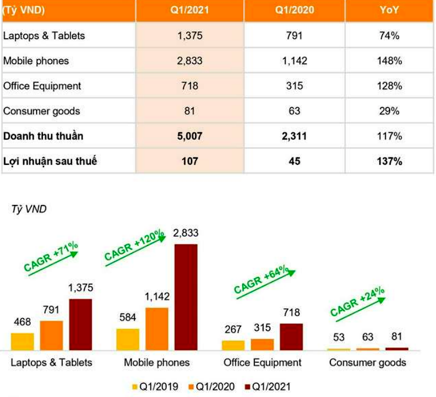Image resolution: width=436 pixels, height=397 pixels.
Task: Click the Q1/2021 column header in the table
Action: pos(189,10)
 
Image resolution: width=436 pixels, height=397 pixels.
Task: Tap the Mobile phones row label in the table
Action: pos(36,61)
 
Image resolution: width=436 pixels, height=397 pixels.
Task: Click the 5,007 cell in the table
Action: pos(189,136)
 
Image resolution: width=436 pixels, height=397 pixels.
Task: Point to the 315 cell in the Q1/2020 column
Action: pos(294,86)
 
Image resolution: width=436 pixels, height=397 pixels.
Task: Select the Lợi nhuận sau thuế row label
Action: pos(50,161)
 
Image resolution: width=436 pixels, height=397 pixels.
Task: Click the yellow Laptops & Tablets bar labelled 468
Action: pos(22,341)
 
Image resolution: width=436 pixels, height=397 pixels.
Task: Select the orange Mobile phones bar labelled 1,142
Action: pos(157,329)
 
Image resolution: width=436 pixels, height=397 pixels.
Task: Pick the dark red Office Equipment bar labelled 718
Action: pos(291,337)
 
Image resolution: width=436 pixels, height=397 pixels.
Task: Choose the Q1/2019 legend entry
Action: pos(156,386)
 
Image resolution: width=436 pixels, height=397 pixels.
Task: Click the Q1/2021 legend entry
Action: pos(264,386)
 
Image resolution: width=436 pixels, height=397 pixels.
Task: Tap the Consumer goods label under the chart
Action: pos(367,363)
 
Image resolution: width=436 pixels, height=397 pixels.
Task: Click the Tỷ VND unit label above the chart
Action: pos(29,210)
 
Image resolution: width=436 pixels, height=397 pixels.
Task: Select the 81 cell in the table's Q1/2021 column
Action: pos(189,111)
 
